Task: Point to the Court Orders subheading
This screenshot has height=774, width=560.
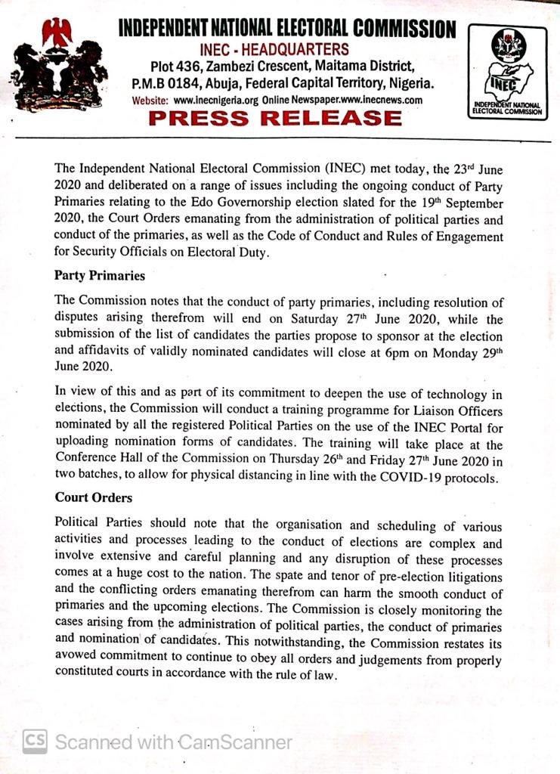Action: click(94, 498)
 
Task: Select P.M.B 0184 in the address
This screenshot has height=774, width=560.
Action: click(164, 83)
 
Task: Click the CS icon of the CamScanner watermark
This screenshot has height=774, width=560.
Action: click(35, 741)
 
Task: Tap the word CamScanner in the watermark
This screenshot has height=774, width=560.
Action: click(234, 742)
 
